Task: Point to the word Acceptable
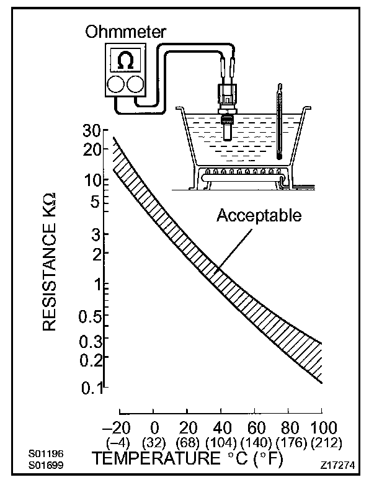pyautogui.click(x=259, y=216)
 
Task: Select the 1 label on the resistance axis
pyautogui.click(x=97, y=287)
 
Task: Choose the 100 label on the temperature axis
pyautogui.click(x=322, y=428)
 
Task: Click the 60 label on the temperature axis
pyautogui.click(x=255, y=428)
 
